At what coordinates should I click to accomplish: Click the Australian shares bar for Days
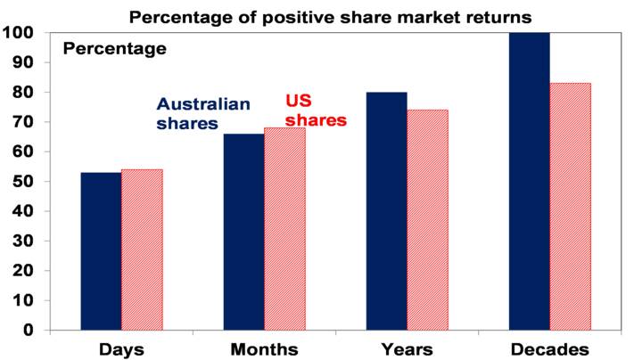click(101, 251)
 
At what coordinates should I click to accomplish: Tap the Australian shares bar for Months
click(243, 232)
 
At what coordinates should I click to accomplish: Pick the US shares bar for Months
click(284, 229)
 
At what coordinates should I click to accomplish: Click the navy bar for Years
click(386, 211)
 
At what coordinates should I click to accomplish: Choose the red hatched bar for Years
click(427, 220)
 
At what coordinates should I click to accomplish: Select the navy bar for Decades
click(529, 181)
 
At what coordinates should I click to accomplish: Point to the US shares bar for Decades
click(570, 207)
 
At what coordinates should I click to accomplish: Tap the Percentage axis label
click(114, 49)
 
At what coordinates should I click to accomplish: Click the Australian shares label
click(203, 114)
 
